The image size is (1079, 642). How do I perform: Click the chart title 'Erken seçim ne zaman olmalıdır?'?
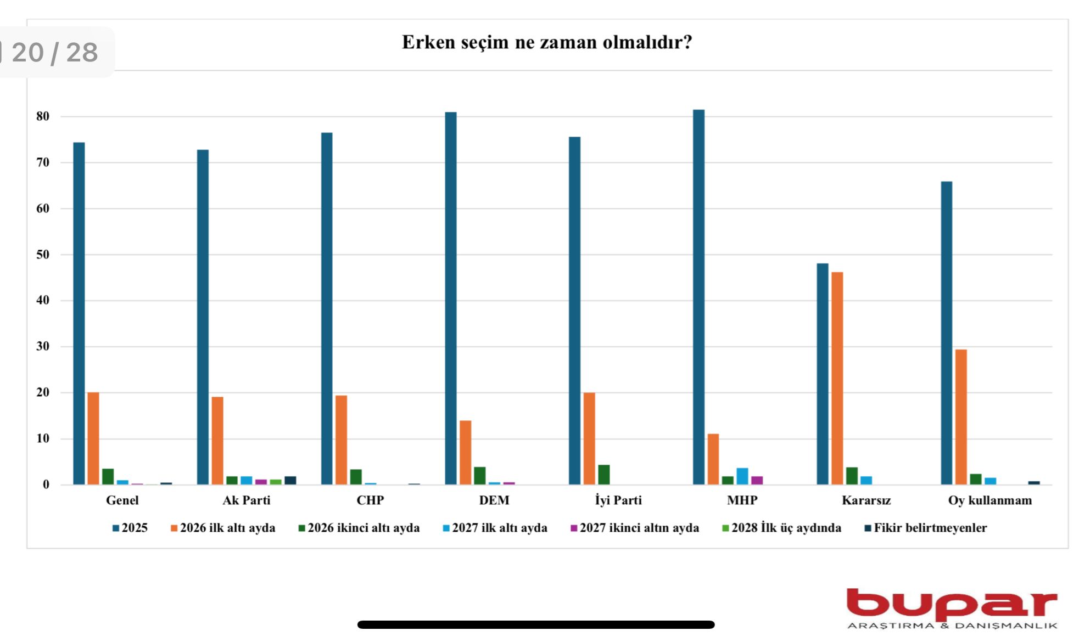[x=546, y=42]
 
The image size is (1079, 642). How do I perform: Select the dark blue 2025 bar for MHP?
[x=698, y=296]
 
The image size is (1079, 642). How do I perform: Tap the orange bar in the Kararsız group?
[x=837, y=379]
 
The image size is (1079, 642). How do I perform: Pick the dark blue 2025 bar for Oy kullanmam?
[x=946, y=333]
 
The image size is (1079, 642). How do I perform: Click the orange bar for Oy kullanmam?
[x=961, y=417]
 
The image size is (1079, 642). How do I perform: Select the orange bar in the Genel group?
[x=93, y=438]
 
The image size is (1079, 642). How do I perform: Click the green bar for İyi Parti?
[x=603, y=475]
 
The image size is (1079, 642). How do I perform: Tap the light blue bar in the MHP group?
[x=742, y=476]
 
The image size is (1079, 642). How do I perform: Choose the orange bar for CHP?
[x=341, y=440]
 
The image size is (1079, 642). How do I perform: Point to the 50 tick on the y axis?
[x=43, y=255]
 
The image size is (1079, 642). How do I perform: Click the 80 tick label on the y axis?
[x=43, y=116]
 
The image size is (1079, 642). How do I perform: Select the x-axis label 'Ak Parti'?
[x=246, y=500]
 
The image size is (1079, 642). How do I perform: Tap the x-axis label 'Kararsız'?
[x=866, y=500]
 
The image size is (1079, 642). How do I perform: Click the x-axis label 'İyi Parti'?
[x=618, y=500]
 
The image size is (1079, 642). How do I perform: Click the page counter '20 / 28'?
[x=55, y=53]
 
